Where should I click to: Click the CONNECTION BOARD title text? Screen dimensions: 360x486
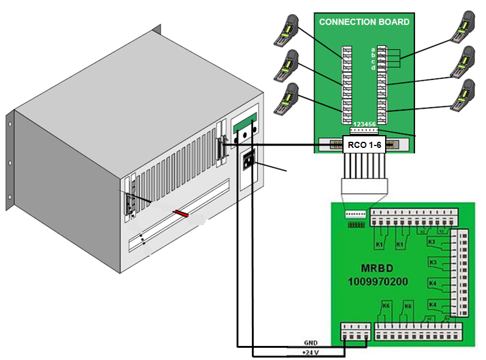[364, 22]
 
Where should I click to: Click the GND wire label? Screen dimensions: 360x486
[311, 343]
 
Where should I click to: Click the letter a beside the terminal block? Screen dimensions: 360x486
[373, 49]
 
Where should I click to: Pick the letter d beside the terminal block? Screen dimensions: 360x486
[373, 67]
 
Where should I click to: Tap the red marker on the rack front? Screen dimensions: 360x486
[181, 214]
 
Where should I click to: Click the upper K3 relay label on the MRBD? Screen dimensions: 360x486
[431, 243]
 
